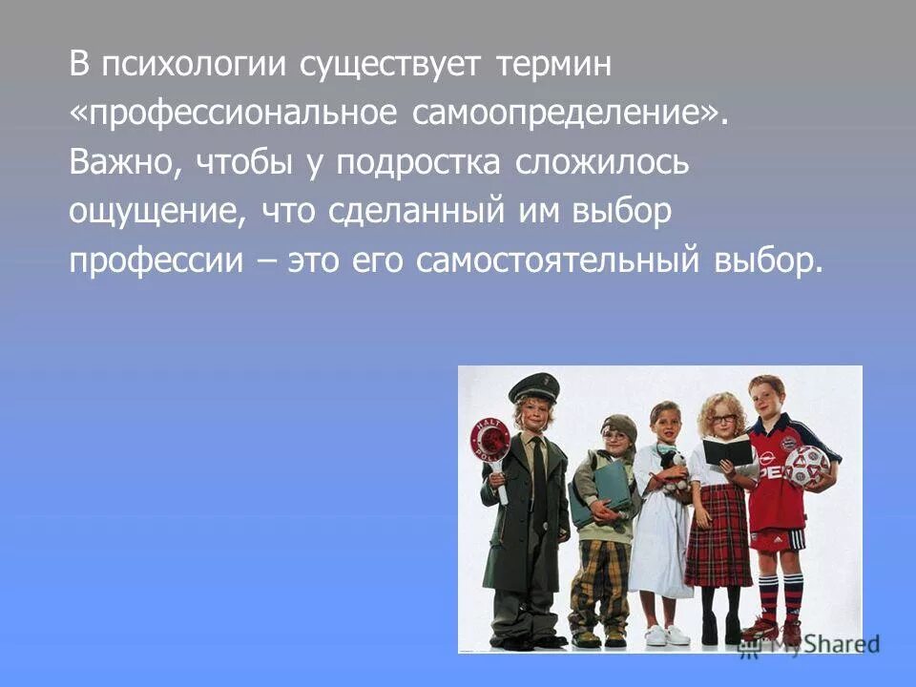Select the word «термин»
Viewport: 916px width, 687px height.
point(553,68)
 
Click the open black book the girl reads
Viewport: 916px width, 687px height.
point(728,449)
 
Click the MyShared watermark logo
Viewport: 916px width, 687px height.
point(810,646)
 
